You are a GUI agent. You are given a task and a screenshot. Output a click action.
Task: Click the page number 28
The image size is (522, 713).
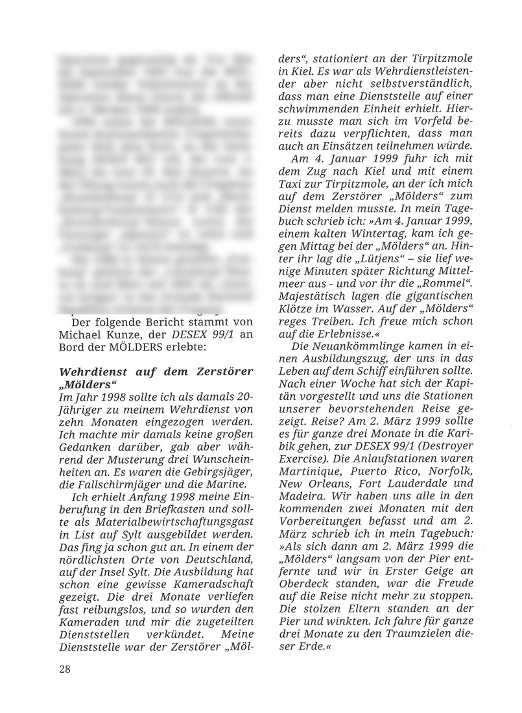click(63, 669)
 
